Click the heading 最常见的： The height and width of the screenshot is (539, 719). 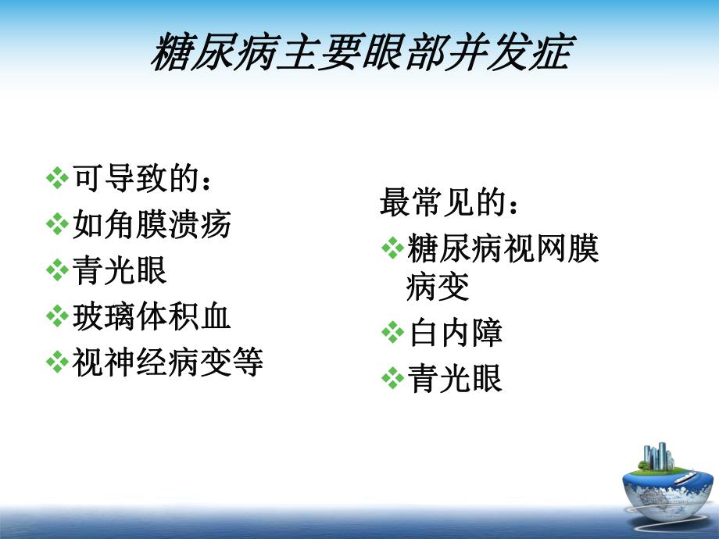pyautogui.click(x=449, y=203)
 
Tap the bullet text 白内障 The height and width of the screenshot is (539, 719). pyautogui.click(x=456, y=334)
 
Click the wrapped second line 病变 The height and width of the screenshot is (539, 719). pyautogui.click(x=438, y=287)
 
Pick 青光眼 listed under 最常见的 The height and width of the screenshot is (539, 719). pyautogui.click(x=456, y=380)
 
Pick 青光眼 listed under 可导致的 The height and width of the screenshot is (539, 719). pyautogui.click(x=120, y=271)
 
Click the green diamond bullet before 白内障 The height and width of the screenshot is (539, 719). pyautogui.click(x=392, y=334)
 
